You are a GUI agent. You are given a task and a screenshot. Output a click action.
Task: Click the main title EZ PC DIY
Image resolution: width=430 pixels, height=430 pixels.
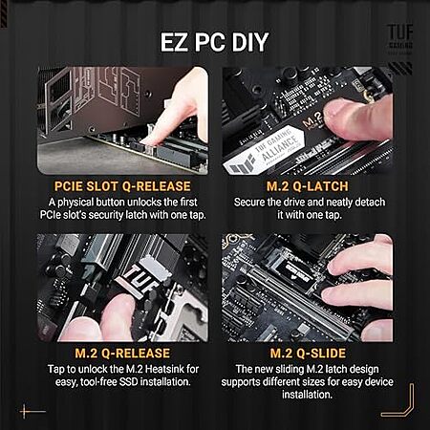coord(214,42)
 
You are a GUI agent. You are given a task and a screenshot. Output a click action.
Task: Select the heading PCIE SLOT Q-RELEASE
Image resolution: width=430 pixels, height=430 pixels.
coord(122,186)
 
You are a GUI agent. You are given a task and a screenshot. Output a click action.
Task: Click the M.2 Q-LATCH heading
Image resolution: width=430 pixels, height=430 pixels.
coord(308,186)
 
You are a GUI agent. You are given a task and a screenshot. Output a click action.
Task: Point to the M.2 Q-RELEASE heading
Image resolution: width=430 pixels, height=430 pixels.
coord(122,354)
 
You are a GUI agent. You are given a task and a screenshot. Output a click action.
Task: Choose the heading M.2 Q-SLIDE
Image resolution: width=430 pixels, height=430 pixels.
coord(308,354)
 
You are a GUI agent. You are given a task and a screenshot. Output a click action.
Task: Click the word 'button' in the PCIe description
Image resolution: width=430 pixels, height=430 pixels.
coord(111,203)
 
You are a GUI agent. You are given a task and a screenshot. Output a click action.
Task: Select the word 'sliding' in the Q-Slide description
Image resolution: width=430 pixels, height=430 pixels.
coord(289,370)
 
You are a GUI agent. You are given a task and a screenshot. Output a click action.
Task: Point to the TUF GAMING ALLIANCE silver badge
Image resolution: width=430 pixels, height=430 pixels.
coord(264,151)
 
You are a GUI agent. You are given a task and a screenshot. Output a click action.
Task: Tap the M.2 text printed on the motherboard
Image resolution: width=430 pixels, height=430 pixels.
coord(312,120)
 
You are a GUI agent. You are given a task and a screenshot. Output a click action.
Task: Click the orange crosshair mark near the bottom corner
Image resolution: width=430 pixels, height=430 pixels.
coord(25,412)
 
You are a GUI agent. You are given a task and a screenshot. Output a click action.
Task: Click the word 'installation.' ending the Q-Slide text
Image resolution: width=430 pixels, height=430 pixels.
coord(307,395)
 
